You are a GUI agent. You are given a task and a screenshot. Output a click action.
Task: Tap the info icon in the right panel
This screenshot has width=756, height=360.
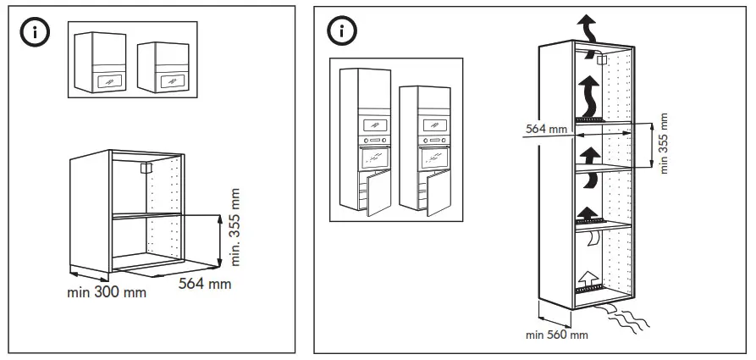click(x=341, y=31)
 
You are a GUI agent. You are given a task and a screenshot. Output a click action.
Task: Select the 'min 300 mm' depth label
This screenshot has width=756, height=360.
click(x=106, y=292)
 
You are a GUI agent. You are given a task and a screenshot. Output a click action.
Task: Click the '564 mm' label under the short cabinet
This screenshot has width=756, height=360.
click(x=204, y=284)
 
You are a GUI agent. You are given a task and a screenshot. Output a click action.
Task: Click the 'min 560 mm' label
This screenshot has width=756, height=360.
click(x=556, y=335)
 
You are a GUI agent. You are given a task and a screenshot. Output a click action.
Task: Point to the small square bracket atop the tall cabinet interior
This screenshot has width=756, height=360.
click(x=601, y=59)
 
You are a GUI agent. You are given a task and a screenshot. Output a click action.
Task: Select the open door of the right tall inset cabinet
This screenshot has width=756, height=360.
click(x=438, y=194)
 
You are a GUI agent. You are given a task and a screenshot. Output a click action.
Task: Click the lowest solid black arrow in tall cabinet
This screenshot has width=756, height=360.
click(x=586, y=213)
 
